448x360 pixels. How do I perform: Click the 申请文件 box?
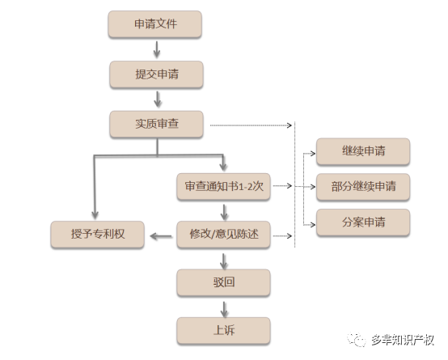tap(154, 24)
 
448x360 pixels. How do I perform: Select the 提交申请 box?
tap(156, 74)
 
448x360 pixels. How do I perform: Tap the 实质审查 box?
tap(156, 124)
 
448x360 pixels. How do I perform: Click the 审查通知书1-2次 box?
tap(223, 186)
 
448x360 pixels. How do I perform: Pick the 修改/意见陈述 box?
tap(223, 234)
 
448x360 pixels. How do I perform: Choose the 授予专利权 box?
tap(97, 234)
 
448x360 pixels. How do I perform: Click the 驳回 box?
tap(223, 282)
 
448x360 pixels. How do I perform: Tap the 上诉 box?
tap(223, 331)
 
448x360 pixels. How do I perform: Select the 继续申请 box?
tap(363, 151)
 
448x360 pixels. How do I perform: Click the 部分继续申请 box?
tap(363, 187)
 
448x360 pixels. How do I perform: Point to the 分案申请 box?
tap(363, 222)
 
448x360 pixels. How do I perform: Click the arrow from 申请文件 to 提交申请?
tap(157, 49)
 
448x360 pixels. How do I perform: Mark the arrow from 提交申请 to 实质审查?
tap(158, 100)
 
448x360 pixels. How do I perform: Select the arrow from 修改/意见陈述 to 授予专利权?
tap(161, 236)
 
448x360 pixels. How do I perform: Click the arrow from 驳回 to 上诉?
tap(224, 309)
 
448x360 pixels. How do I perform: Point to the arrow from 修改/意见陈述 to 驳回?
tap(224, 261)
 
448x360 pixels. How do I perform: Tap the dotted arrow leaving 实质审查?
tap(251, 125)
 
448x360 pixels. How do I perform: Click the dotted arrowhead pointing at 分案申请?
tap(313, 225)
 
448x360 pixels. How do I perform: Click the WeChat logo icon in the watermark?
tap(357, 340)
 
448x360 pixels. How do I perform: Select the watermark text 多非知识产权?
tap(403, 340)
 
